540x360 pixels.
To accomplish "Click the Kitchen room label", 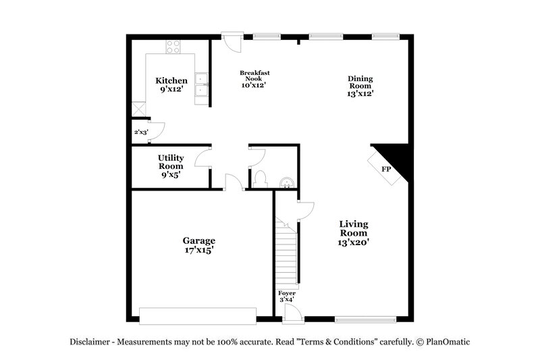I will (x=171, y=81).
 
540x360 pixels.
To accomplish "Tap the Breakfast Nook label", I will (x=254, y=76).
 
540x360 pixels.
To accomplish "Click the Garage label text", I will (x=199, y=240).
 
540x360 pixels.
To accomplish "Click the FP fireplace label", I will (x=386, y=170).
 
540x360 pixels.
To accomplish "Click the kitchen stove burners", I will (x=173, y=47).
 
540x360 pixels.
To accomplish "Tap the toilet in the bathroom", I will (x=261, y=179).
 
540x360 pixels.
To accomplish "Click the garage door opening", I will (x=198, y=315).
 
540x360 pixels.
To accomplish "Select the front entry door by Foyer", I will (x=292, y=312).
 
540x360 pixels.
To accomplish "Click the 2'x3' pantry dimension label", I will (x=140, y=132).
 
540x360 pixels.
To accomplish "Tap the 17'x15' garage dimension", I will (x=199, y=250).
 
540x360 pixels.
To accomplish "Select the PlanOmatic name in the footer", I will (x=448, y=342).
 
